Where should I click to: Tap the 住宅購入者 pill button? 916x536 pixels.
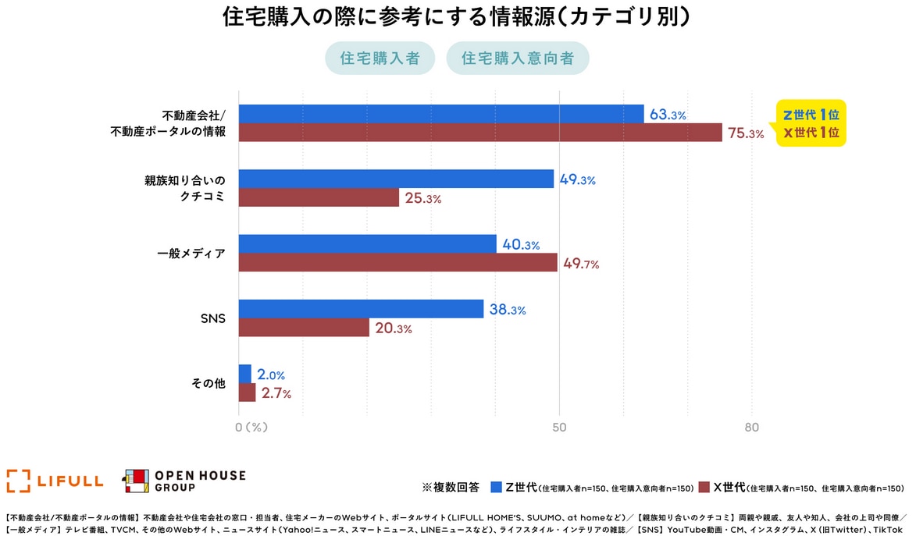(380, 59)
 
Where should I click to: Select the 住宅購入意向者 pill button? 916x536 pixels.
(518, 59)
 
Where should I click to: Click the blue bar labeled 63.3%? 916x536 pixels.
(441, 114)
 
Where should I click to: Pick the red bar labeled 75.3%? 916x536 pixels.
(480, 133)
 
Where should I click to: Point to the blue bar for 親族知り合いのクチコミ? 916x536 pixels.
(396, 179)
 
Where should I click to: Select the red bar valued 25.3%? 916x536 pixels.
(319, 197)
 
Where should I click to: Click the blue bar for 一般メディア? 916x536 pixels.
(367, 243)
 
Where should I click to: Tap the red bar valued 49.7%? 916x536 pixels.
(397, 262)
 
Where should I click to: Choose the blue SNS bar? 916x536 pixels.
(361, 308)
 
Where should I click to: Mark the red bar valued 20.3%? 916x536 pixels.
(304, 328)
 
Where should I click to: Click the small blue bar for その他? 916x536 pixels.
(244, 374)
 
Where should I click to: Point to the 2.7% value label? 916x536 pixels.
(276, 393)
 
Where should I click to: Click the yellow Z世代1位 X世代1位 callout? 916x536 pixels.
(811, 123)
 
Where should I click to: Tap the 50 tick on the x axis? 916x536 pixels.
(559, 428)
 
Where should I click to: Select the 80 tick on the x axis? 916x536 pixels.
(751, 428)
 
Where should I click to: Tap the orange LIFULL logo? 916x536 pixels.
(55, 481)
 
